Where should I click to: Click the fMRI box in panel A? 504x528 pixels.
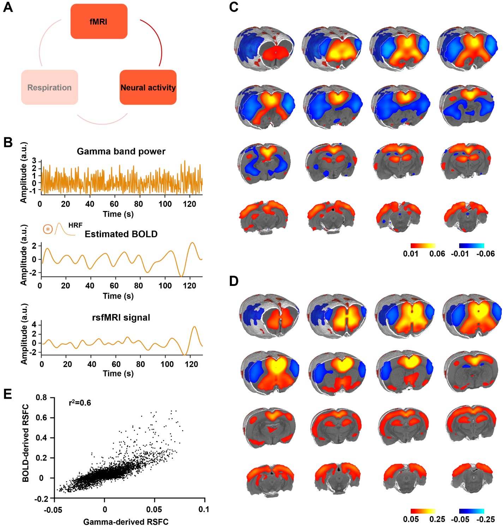tap(99, 22)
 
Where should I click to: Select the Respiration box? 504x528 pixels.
tap(49, 87)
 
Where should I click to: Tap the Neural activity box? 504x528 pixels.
tap(148, 87)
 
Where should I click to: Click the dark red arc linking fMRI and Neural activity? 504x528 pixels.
tap(157, 39)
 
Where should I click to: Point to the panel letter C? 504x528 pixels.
tap(234, 7)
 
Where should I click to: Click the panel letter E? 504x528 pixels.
tap(7, 394)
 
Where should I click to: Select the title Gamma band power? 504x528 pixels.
tap(121, 151)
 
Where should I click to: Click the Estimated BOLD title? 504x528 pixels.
tap(121, 234)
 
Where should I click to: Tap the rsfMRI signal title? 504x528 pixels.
tap(121, 317)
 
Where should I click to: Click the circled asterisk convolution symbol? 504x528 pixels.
tap(48, 229)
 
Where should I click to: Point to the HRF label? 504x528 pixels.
tap(75, 225)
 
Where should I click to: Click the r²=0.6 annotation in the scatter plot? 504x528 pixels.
tap(80, 403)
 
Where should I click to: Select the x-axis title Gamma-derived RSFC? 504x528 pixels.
tap(126, 522)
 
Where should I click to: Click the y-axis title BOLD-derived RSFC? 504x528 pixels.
tap(25, 443)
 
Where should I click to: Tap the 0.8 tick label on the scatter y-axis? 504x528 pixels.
tap(41, 398)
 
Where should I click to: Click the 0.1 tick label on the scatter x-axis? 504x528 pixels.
tap(204, 509)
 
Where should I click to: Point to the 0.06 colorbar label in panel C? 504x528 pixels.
tap(437, 253)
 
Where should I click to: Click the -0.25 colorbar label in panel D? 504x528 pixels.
tap(486, 519)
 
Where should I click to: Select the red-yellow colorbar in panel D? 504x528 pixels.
tap(423, 511)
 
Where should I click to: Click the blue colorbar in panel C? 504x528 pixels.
tap(472, 245)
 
